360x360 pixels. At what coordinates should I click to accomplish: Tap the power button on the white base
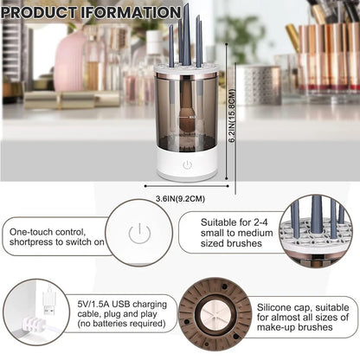(186, 164)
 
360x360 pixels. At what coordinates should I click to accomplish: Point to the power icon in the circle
(135, 233)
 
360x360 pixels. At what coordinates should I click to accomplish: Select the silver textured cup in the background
(259, 84)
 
